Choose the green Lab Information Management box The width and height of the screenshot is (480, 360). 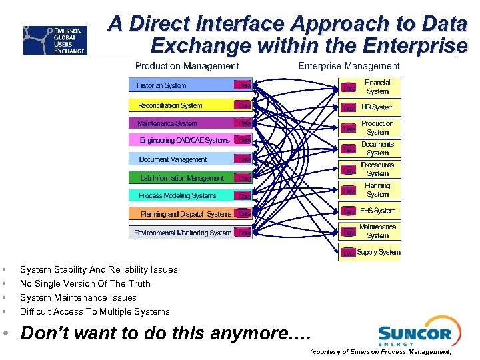[181, 178]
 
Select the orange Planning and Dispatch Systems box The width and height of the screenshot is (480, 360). [186, 214]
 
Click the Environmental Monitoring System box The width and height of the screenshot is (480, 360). [183, 233]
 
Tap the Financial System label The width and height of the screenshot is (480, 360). [377, 87]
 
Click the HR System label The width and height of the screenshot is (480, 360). [377, 107]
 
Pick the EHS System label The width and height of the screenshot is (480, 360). [377, 211]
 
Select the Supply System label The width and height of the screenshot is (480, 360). [379, 252]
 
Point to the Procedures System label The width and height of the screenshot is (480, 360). [377, 169]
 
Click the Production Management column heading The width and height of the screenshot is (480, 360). [187, 66]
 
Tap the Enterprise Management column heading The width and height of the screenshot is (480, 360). [349, 66]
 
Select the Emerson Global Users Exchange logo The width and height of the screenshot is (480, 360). [55, 40]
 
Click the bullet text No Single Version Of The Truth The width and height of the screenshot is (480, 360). [85, 283]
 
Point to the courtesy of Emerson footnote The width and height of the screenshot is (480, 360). [381, 351]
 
